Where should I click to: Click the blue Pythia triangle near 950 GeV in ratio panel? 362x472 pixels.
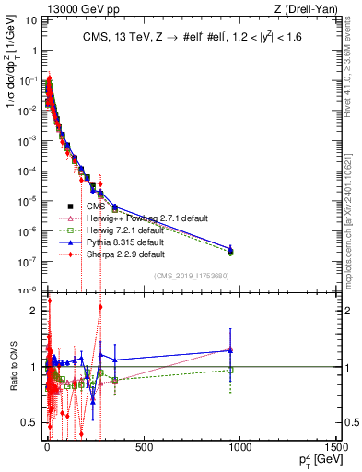[x=230, y=350]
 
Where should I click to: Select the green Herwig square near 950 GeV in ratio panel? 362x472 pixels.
[x=230, y=370]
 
